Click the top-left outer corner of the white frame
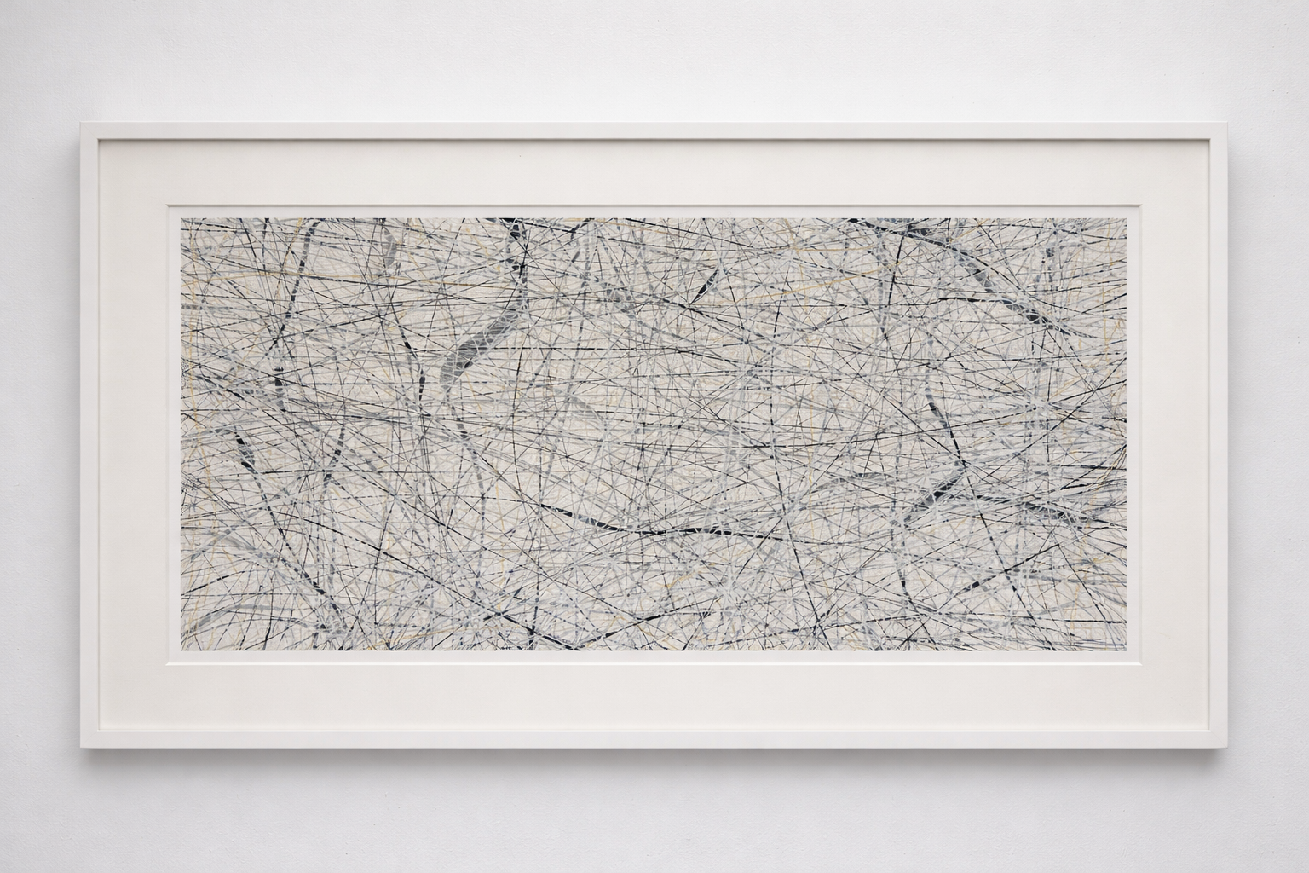pyautogui.click(x=82, y=124)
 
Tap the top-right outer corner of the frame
pyautogui.click(x=1227, y=124)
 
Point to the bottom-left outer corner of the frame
pyautogui.click(x=82, y=748)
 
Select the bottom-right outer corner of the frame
pyautogui.click(x=1227, y=748)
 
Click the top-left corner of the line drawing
pyautogui.click(x=180, y=217)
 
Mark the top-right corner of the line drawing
pyautogui.click(x=1128, y=217)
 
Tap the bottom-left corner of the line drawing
pyautogui.click(x=180, y=650)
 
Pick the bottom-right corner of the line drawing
pyautogui.click(x=1128, y=650)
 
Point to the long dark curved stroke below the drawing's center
pyautogui.click(x=648, y=530)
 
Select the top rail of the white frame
pyautogui.click(x=654, y=131)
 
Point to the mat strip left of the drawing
pyautogui.click(x=133, y=435)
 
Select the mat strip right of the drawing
pyautogui.click(x=1176, y=435)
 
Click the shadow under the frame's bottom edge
pyautogui.click(x=654, y=754)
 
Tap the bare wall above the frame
pyautogui.click(x=654, y=60)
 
